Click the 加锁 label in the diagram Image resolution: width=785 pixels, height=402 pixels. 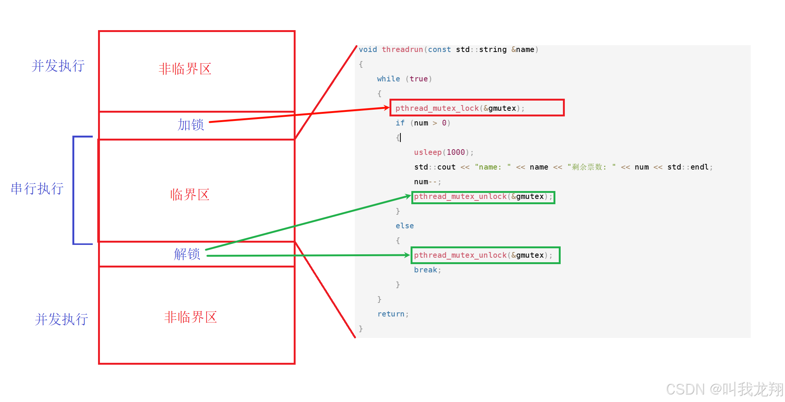click(191, 125)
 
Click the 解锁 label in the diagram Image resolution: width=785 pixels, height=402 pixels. click(187, 254)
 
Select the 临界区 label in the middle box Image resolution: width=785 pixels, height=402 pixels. click(190, 195)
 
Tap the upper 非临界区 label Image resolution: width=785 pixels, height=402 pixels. click(185, 69)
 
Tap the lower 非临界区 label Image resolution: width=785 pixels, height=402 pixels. click(190, 317)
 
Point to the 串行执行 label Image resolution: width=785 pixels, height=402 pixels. click(37, 189)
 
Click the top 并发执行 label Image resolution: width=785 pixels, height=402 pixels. click(58, 66)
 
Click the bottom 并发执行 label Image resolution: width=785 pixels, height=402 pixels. click(61, 319)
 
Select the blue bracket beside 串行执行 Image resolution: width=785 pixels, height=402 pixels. click(74, 190)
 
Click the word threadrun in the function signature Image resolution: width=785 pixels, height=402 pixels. click(402, 50)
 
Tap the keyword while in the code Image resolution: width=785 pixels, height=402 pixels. click(388, 79)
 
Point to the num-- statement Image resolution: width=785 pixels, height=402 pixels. click(427, 182)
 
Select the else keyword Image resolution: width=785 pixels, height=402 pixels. click(405, 226)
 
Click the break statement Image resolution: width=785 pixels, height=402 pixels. click(427, 270)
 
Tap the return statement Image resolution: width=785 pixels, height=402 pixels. click(392, 314)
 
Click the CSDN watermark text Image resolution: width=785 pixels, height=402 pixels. click(724, 389)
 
